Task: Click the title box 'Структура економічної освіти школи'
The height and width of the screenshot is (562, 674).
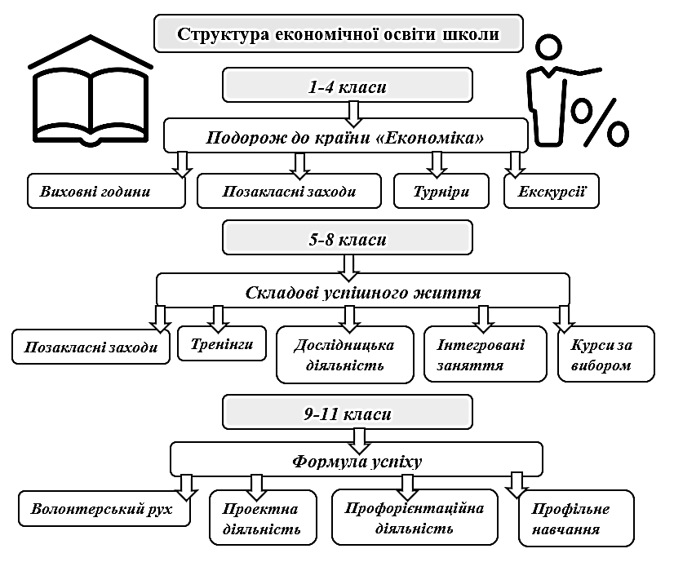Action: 338,35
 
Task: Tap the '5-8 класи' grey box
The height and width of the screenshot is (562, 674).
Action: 348,241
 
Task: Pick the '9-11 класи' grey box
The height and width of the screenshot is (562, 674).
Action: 348,414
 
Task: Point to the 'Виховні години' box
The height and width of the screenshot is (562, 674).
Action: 105,192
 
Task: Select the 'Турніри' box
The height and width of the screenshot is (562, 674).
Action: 441,192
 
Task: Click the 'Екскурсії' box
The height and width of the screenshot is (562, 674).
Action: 552,191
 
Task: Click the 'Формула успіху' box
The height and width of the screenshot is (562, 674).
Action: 357,461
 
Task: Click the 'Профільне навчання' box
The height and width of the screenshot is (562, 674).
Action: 576,520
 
